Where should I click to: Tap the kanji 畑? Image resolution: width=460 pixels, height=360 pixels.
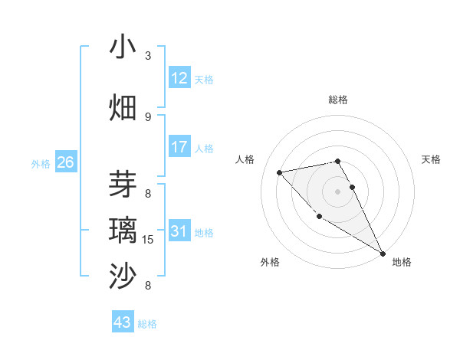(x=123, y=107)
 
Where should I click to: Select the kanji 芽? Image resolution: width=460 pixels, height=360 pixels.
(x=123, y=185)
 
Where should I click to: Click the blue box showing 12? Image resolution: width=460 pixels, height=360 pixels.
(x=179, y=78)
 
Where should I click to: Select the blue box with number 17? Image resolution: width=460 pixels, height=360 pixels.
(x=179, y=147)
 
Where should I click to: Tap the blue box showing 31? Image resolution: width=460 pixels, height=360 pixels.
(x=179, y=231)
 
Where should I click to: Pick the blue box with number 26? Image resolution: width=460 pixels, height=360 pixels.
(x=66, y=162)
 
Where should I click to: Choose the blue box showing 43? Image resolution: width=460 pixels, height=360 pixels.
(x=123, y=322)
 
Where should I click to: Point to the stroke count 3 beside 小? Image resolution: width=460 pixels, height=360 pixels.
(x=148, y=56)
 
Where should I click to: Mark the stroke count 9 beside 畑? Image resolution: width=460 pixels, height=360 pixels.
(x=148, y=116)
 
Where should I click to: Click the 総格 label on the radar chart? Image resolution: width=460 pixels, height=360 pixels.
(x=338, y=100)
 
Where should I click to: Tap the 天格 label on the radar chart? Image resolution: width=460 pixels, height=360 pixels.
(x=431, y=159)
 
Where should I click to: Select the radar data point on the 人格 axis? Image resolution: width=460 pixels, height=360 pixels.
(x=280, y=172)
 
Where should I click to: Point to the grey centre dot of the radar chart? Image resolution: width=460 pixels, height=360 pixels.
(x=338, y=191)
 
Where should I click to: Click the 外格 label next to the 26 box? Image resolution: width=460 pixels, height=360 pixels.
(x=41, y=163)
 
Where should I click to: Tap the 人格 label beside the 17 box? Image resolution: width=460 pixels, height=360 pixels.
(x=204, y=148)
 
